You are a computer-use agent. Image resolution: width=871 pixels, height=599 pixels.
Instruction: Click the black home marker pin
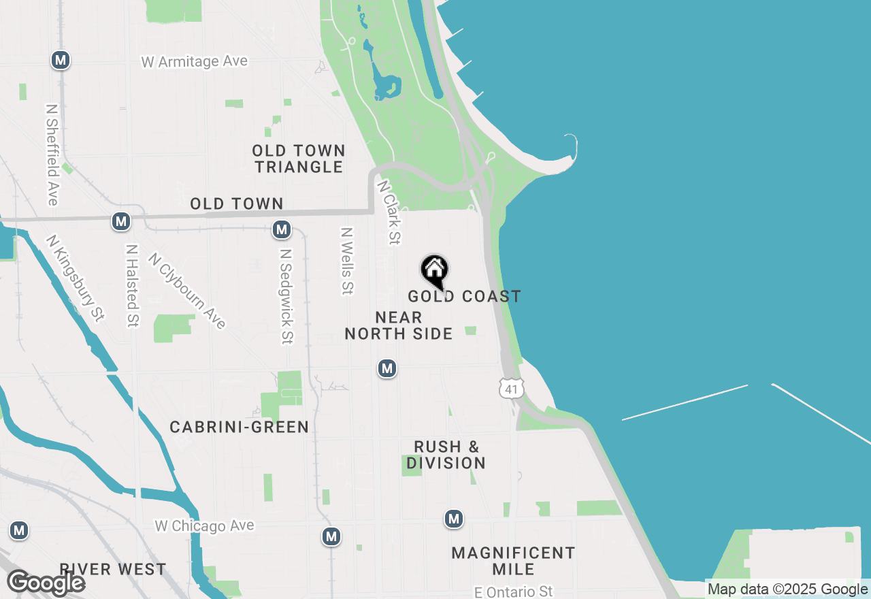coord(434,271)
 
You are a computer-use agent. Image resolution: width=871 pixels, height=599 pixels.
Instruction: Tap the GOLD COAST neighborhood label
coord(464,296)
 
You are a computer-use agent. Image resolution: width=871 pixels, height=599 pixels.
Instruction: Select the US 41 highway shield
coord(512,389)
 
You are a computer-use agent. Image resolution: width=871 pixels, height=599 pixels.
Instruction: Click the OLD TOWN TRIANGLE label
coord(299,159)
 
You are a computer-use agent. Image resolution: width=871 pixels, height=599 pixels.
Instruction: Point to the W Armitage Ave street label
coord(195,62)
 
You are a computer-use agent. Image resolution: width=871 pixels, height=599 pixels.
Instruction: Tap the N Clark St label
coord(389,212)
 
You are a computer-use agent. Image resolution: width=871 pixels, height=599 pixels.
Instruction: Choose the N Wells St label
coord(347,261)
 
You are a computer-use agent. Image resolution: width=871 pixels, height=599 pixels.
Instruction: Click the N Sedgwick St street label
coord(286,296)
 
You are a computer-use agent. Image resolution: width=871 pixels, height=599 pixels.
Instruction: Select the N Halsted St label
coord(132,286)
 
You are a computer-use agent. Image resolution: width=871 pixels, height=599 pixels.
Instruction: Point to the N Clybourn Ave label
coord(186,291)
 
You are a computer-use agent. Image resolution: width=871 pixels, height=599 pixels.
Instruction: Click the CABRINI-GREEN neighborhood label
coord(239,427)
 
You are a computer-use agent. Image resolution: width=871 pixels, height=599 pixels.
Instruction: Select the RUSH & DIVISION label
coord(446,455)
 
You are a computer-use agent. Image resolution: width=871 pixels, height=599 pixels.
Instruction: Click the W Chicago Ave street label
coord(204,525)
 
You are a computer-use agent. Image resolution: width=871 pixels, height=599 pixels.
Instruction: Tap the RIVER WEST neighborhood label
coord(112,569)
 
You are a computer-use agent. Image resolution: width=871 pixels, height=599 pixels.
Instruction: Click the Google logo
coord(46,583)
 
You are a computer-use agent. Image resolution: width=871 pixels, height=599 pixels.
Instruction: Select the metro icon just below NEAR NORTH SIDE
coord(387,369)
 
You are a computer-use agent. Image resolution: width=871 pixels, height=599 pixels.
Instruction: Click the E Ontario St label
coord(514,592)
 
